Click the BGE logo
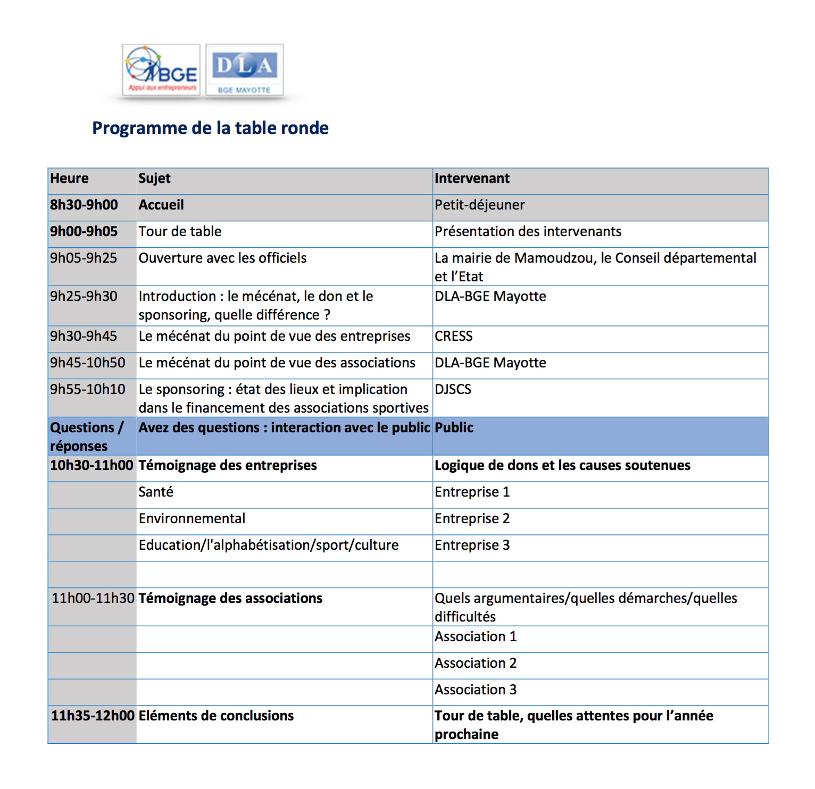161,70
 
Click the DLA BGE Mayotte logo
245,70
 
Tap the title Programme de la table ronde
210,128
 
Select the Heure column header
70,179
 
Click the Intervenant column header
472,179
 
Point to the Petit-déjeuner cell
479,205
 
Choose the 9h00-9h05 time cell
84,232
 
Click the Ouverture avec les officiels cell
222,258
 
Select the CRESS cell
453,337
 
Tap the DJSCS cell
453,390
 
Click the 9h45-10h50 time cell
88,363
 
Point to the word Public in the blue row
454,428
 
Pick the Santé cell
156,492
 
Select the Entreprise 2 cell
472,519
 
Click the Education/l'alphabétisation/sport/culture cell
268,545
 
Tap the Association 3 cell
475,690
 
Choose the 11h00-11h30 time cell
93,599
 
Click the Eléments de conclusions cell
216,716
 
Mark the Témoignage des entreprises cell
228,466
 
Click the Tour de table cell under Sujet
180,232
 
